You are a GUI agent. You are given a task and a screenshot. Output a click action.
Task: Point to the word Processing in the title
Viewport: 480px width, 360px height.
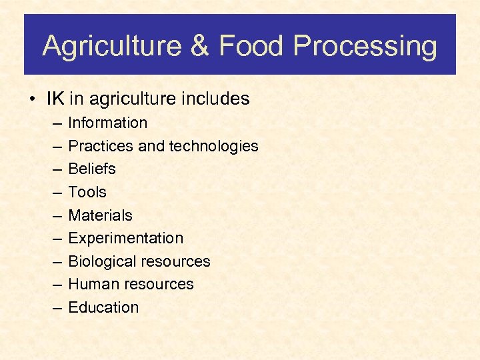pyautogui.click(x=365, y=47)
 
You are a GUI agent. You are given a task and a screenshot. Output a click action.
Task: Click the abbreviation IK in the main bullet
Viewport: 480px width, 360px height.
pyautogui.click(x=55, y=99)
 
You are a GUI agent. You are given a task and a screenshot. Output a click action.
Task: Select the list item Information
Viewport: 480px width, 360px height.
pyautogui.click(x=108, y=123)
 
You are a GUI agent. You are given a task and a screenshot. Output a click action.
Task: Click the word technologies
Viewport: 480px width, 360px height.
pyautogui.click(x=213, y=146)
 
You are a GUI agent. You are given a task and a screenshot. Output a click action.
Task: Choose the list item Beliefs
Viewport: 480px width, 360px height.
pyautogui.click(x=92, y=169)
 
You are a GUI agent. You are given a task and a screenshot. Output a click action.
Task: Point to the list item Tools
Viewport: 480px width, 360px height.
pyautogui.click(x=87, y=192)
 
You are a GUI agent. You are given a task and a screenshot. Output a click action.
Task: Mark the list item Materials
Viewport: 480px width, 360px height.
pyautogui.click(x=101, y=215)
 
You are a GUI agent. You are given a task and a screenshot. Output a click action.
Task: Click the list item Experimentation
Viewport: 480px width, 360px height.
pyautogui.click(x=126, y=238)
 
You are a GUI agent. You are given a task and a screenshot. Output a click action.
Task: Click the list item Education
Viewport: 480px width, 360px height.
pyautogui.click(x=104, y=307)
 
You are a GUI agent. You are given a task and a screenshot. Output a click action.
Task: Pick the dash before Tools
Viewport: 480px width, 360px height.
pyautogui.click(x=55, y=193)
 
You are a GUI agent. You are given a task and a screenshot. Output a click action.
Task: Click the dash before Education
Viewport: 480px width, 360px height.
pyautogui.click(x=55, y=308)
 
